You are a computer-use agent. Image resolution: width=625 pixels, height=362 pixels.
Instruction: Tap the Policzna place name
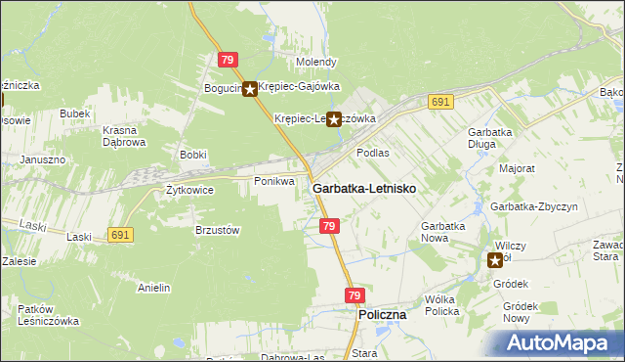[382, 316]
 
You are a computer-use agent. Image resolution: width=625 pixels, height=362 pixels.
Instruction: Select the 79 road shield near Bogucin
[228, 61]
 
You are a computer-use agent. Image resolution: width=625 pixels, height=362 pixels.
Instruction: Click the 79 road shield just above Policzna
[354, 295]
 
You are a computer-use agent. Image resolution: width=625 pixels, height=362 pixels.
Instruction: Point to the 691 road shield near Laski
[120, 235]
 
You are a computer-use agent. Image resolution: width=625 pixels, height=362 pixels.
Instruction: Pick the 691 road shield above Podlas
[439, 102]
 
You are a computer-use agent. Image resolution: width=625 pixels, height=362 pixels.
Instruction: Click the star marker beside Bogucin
[249, 89]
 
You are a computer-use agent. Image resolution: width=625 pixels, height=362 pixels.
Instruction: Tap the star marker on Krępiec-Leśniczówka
[333, 119]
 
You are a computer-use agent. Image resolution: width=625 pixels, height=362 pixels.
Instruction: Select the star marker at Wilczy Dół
[495, 259]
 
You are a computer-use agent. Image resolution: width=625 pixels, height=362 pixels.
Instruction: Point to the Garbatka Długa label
[491, 138]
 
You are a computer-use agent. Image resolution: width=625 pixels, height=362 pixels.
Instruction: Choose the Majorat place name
[517, 168]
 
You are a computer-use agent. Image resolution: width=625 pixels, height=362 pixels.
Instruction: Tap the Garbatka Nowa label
[444, 232]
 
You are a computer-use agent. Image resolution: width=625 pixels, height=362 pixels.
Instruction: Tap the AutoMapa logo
[560, 343]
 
